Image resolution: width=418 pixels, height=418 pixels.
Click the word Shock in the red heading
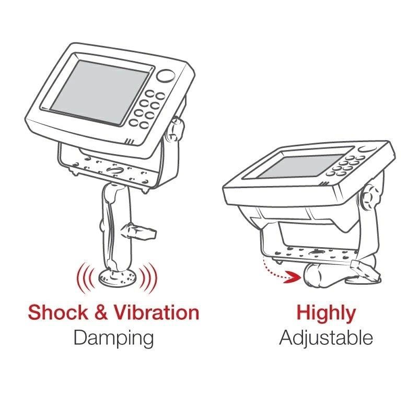point(58,312)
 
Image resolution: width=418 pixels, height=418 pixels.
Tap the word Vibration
point(157,312)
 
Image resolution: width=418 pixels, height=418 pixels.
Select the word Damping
point(113,338)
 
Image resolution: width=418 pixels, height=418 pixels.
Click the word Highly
point(326,313)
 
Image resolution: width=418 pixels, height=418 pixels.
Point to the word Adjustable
point(326,338)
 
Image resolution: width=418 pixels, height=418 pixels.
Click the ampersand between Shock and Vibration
point(101,312)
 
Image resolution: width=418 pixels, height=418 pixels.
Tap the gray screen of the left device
point(99,92)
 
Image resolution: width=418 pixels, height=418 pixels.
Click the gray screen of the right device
point(301,166)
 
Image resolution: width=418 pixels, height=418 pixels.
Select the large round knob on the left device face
point(166,76)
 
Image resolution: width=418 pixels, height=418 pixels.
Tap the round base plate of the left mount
point(118,277)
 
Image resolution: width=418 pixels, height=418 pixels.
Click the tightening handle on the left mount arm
point(138,231)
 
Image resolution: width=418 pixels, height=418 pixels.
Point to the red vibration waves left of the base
point(86,277)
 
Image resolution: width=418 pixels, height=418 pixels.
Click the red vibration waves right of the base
point(148,278)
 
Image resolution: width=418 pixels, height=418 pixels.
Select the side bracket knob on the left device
point(174,130)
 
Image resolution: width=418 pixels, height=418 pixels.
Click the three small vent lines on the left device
point(130,141)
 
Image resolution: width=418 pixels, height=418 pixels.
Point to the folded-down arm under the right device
point(341,275)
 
